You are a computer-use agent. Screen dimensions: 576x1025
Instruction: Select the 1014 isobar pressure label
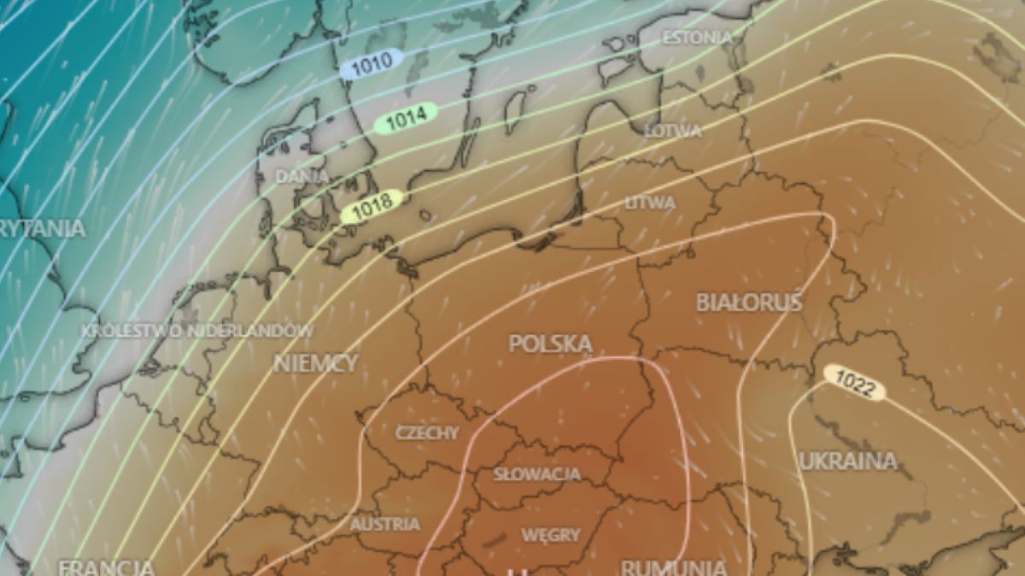406,120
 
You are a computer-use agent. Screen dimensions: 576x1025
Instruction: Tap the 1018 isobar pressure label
372,204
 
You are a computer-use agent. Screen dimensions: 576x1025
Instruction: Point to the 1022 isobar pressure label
854,384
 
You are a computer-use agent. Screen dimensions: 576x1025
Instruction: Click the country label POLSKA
550,344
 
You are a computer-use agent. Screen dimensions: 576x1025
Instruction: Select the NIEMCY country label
315,363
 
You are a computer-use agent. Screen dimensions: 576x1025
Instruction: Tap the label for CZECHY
426,432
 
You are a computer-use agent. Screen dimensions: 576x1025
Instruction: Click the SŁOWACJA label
537,473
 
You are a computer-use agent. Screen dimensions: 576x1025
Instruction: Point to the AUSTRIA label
384,524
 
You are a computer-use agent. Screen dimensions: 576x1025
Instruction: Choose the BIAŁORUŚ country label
748,303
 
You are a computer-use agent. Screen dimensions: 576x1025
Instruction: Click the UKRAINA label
847,461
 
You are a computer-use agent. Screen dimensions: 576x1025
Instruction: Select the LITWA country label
650,203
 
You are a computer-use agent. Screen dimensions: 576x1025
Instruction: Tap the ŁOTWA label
672,131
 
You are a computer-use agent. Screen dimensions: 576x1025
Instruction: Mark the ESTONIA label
697,38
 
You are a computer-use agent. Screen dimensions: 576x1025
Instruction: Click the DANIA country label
302,176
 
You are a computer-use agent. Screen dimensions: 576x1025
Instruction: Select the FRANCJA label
106,567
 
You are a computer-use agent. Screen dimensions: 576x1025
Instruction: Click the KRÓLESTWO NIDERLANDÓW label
197,330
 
